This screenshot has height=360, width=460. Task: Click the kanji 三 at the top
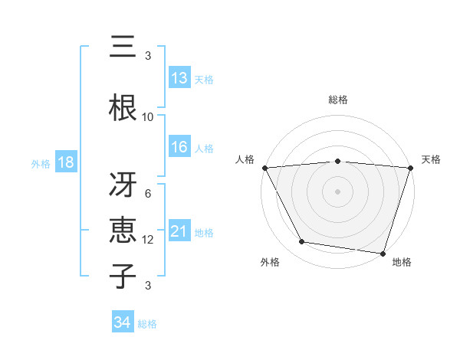(x=123, y=47)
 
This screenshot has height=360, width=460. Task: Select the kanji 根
(x=123, y=107)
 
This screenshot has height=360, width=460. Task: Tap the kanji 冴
(x=123, y=184)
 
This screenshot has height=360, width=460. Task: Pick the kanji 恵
(x=123, y=230)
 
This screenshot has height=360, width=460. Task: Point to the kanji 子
(x=123, y=276)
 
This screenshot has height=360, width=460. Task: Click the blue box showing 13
(x=179, y=78)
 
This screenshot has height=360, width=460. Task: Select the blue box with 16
(x=179, y=148)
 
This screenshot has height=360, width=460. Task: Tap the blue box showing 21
(x=179, y=232)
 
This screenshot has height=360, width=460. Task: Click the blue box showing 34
(x=123, y=323)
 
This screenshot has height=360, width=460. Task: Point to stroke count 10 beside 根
(x=148, y=117)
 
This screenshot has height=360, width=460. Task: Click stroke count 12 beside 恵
(x=148, y=240)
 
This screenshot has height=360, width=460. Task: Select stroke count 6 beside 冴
(x=148, y=194)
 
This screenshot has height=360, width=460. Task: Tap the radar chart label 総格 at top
(x=338, y=100)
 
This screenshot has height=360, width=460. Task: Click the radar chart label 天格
(x=431, y=159)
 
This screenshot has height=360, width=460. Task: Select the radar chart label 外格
(x=269, y=263)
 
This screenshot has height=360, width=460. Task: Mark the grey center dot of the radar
(x=338, y=191)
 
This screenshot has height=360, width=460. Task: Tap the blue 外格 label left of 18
(x=40, y=164)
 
